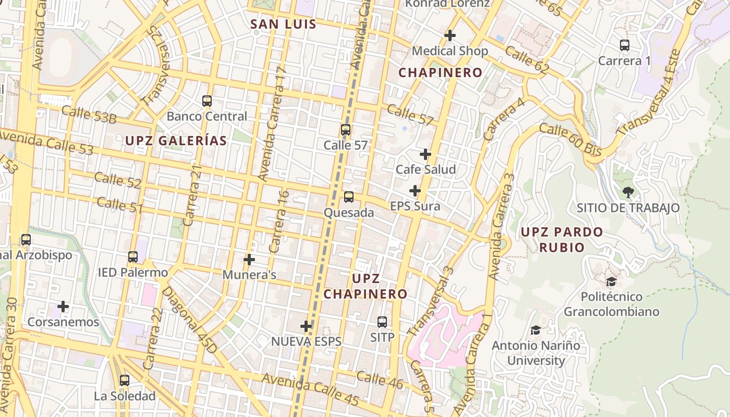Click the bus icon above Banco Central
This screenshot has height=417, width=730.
(x=207, y=101)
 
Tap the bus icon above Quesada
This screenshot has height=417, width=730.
(x=348, y=197)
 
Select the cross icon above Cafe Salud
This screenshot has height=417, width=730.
(x=425, y=154)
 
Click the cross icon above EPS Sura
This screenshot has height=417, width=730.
(x=415, y=191)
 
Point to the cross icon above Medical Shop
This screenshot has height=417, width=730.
(x=449, y=35)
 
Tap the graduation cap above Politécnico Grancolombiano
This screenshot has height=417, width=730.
(x=611, y=281)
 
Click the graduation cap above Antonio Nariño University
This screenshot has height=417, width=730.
(x=536, y=330)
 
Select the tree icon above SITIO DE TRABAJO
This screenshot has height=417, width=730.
(x=628, y=192)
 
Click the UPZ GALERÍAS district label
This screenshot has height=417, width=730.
(x=176, y=141)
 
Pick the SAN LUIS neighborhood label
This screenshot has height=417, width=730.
(x=283, y=24)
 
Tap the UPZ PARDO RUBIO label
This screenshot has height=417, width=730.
(x=562, y=239)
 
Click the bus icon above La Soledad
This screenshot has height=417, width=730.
(x=124, y=381)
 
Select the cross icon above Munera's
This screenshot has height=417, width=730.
(x=249, y=259)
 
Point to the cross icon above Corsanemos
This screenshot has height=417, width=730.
(x=63, y=306)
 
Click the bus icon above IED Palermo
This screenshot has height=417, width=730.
(x=133, y=256)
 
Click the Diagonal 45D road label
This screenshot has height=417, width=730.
(x=188, y=320)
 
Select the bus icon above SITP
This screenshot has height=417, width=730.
(x=382, y=322)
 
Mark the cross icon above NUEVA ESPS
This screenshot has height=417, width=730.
(x=306, y=326)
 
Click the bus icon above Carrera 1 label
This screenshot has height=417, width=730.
(x=625, y=45)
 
